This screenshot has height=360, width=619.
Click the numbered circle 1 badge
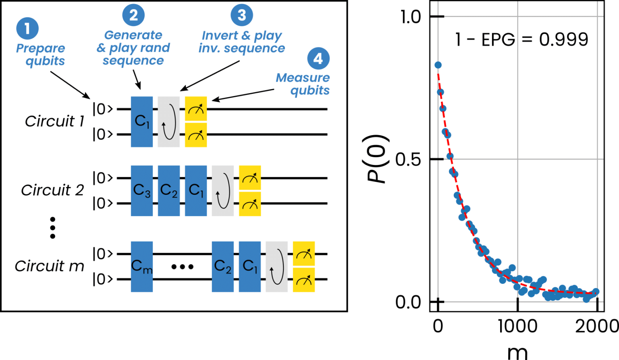point(27,29)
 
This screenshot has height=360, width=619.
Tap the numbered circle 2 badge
point(133,15)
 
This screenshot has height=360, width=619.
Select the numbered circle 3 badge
point(241,15)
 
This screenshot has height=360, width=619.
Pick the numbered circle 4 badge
point(318,58)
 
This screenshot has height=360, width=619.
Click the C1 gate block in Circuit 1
point(142,121)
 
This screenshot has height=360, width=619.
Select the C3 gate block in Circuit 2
point(142,190)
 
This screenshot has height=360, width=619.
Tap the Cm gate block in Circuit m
point(142,266)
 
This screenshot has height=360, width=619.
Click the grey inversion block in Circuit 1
point(169,121)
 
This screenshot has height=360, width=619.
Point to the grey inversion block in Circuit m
point(277,266)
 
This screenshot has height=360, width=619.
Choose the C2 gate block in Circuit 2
point(169,190)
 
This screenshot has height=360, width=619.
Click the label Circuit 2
point(52,190)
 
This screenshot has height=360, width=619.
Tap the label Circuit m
point(49,266)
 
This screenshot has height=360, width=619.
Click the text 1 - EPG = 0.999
point(521,40)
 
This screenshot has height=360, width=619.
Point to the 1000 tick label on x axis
point(518,326)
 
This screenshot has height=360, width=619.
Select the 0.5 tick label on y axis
point(408,160)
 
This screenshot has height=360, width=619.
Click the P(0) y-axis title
point(379,159)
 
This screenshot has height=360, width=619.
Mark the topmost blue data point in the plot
point(438,65)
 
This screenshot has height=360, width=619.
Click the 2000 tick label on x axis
point(596,326)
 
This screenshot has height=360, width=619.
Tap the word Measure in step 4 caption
point(302,77)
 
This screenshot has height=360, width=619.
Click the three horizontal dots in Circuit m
point(182,266)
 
